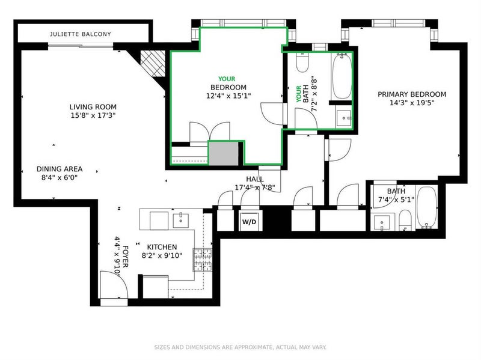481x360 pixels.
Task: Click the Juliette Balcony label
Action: click(x=81, y=34)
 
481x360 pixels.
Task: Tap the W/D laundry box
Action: click(x=249, y=221)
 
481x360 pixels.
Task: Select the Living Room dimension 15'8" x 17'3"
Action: click(x=93, y=115)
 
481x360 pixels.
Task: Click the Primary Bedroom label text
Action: click(x=412, y=94)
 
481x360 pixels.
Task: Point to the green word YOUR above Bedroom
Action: click(x=227, y=79)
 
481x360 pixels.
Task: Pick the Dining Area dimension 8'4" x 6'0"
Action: click(x=59, y=177)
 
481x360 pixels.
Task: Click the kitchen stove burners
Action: click(x=203, y=260)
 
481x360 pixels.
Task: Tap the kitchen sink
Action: click(x=181, y=221)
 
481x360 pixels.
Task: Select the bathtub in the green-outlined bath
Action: click(x=342, y=76)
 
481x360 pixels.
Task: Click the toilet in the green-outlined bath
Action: click(x=302, y=63)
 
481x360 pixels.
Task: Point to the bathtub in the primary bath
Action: click(x=427, y=207)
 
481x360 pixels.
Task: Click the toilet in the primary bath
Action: click(x=405, y=220)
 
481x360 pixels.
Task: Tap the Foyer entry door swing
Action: click(x=114, y=284)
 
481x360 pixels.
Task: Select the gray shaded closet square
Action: click(x=223, y=153)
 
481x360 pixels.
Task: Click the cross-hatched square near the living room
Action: click(x=153, y=63)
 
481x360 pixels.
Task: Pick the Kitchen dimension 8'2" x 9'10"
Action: click(x=162, y=255)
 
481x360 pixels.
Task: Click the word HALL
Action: click(x=254, y=179)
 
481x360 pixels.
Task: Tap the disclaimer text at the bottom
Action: click(x=240, y=347)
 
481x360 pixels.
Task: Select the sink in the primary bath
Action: click(x=382, y=222)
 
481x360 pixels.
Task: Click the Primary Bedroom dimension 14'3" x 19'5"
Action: click(x=412, y=103)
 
